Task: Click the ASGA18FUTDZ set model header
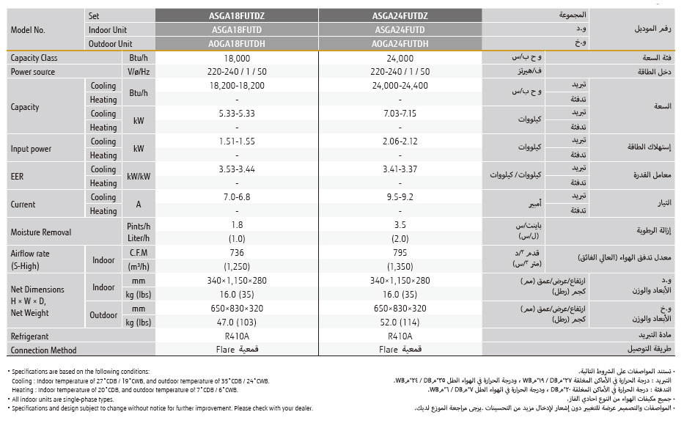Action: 237,16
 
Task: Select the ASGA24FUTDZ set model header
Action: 400,16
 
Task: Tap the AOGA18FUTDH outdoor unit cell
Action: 237,44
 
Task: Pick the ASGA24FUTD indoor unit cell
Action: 400,30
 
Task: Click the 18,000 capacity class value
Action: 237,58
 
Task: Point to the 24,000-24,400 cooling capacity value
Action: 400,86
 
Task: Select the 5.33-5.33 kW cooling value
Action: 237,114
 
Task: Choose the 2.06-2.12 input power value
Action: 400,141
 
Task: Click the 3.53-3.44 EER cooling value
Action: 237,169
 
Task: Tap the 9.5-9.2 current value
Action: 400,197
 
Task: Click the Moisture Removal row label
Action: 41,232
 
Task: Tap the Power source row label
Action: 33,72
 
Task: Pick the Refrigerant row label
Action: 30,336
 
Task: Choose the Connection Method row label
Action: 43,350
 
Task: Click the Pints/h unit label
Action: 139,225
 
